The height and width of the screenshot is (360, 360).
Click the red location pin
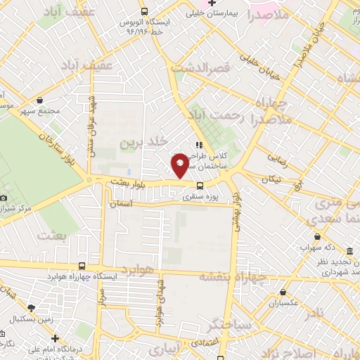pyautogui.click(x=181, y=165)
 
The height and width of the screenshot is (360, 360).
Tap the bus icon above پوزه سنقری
pyautogui.click(x=200, y=186)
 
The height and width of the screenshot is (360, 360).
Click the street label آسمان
pyautogui.click(x=121, y=203)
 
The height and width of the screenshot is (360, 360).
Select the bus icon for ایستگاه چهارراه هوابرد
pyautogui.click(x=83, y=266)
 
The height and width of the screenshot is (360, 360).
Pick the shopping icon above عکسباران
pyautogui.click(x=283, y=292)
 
